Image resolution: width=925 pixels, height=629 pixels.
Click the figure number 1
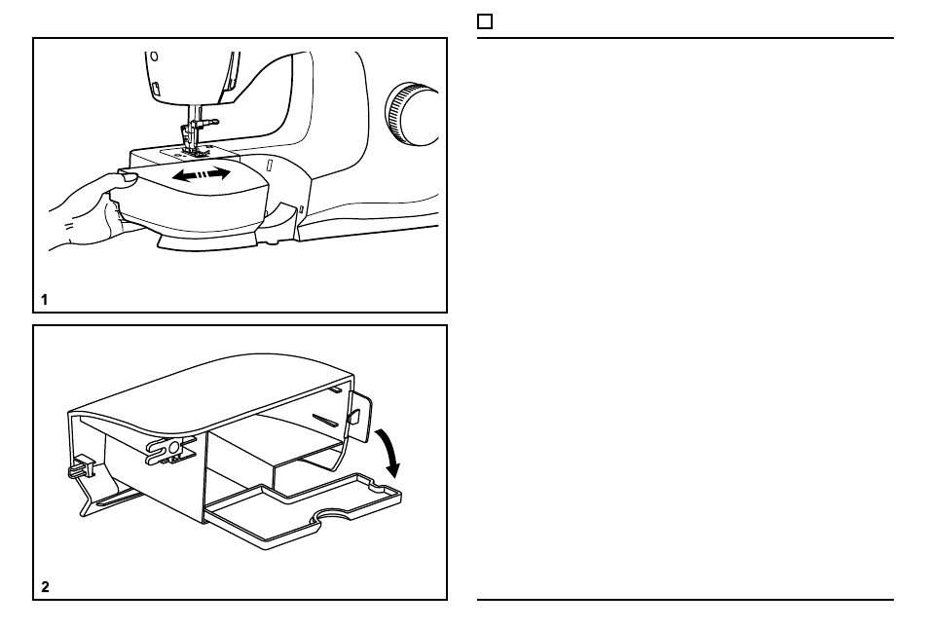click(44, 300)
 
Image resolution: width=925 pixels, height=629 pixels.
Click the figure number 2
click(46, 586)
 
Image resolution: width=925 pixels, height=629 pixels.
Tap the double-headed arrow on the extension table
click(202, 174)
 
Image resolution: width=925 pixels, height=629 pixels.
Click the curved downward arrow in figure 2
click(388, 452)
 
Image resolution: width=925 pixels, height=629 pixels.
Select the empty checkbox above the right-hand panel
click(484, 21)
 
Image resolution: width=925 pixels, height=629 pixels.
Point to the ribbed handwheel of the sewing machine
click(411, 114)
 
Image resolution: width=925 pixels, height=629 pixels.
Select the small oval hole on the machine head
click(154, 56)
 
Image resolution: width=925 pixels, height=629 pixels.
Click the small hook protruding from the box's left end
click(80, 466)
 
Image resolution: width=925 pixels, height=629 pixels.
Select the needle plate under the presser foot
click(190, 153)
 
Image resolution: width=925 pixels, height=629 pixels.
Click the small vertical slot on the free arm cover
click(270, 165)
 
